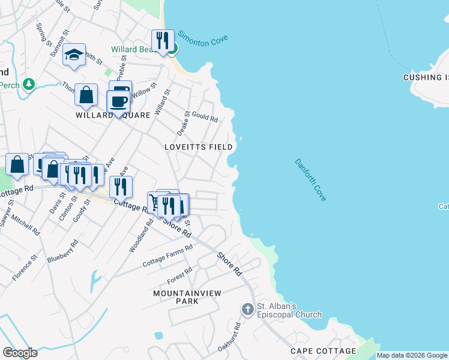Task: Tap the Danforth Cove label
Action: [310, 179]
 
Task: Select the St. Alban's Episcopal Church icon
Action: [247, 310]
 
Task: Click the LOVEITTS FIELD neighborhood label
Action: [197, 147]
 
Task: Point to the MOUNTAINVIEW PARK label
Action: [187, 297]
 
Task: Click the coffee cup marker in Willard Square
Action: [118, 102]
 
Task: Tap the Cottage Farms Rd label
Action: [167, 256]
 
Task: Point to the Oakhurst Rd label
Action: [229, 337]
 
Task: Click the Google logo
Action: [20, 352]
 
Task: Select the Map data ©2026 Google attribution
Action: [412, 355]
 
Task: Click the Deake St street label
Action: [183, 122]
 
